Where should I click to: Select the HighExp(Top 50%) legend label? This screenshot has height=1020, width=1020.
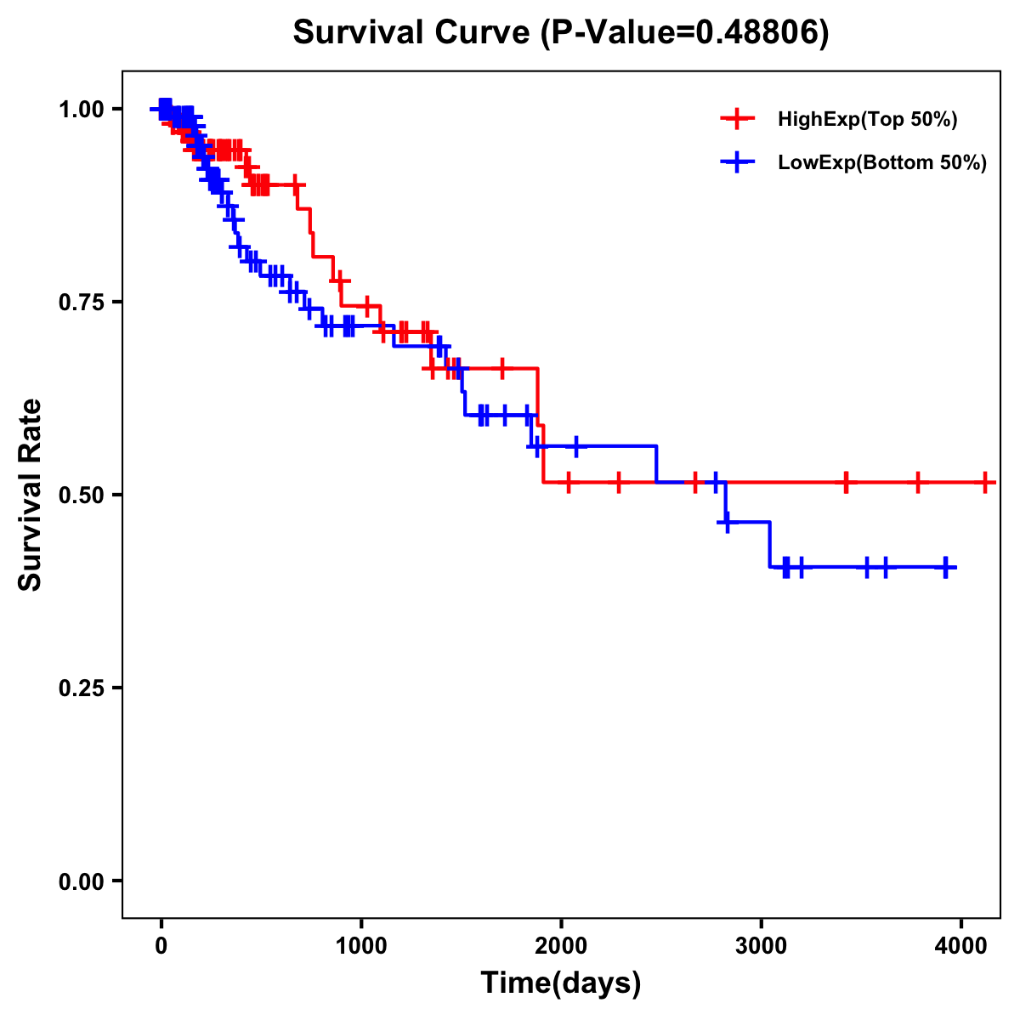tap(868, 120)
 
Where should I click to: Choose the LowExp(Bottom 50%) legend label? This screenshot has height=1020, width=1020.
tap(882, 163)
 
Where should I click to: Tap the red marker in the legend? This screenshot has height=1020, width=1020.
tap(737, 119)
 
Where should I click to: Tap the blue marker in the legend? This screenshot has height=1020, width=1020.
tap(737, 162)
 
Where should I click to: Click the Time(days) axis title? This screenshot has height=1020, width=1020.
tap(561, 983)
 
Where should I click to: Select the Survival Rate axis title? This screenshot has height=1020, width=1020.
tap(31, 495)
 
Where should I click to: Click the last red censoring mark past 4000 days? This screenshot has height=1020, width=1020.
tap(984, 483)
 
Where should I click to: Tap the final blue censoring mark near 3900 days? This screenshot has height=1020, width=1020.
tap(946, 567)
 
